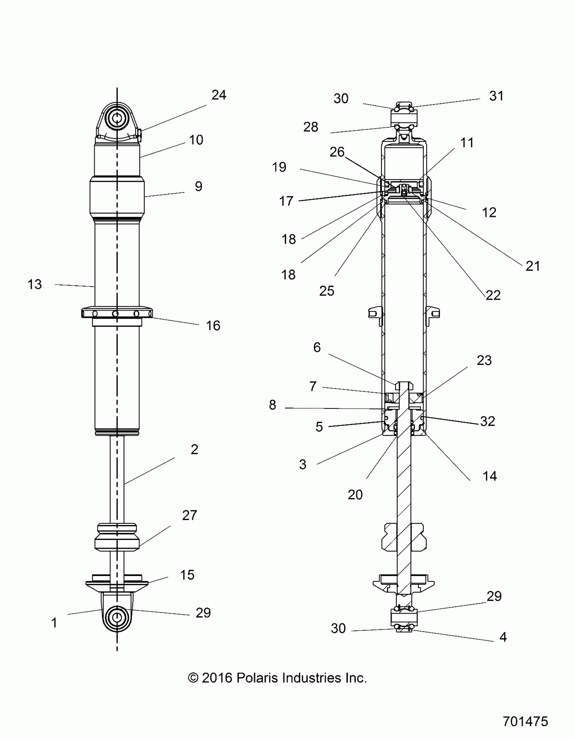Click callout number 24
[x=218, y=95]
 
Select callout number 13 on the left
[x=34, y=284]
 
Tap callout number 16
[x=213, y=325]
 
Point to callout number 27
[x=189, y=515]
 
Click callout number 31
[x=496, y=96]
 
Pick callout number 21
[x=532, y=266]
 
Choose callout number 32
[x=487, y=421]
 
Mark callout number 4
[x=503, y=637]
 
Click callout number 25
[x=327, y=291]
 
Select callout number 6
[x=317, y=347]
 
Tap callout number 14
[x=489, y=476]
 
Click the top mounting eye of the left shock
[x=117, y=118]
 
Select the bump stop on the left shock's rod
[x=117, y=537]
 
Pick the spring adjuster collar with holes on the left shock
[x=117, y=313]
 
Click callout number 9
[x=199, y=186]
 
